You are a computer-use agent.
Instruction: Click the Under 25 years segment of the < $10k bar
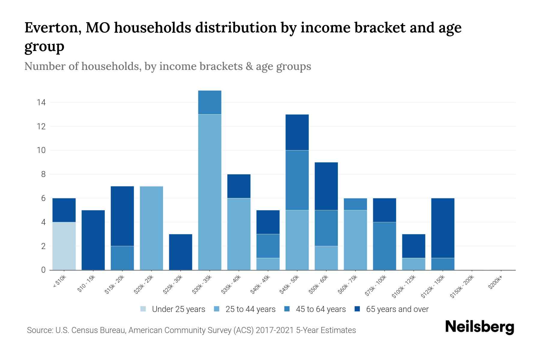[x=64, y=246]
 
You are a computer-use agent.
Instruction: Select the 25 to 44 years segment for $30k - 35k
[x=210, y=192]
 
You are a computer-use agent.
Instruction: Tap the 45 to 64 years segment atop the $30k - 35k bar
[x=210, y=102]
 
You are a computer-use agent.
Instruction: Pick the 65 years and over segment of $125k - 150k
[x=443, y=228]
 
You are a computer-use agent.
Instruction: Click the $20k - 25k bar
[x=151, y=228]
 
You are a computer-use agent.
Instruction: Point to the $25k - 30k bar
[x=181, y=252]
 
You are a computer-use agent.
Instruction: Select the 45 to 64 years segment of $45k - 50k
[x=297, y=180]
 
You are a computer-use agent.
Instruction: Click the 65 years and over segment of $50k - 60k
[x=326, y=186]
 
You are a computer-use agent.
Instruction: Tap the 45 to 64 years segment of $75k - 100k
[x=384, y=246]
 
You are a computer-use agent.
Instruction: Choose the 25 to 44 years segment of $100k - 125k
[x=414, y=264]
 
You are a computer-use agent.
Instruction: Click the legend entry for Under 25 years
[x=173, y=309]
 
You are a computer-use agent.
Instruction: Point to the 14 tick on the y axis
[x=41, y=103]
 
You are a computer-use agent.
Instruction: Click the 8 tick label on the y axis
[x=43, y=174]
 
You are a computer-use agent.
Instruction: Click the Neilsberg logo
[x=480, y=327]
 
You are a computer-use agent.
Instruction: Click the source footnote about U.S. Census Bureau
[x=191, y=330]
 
